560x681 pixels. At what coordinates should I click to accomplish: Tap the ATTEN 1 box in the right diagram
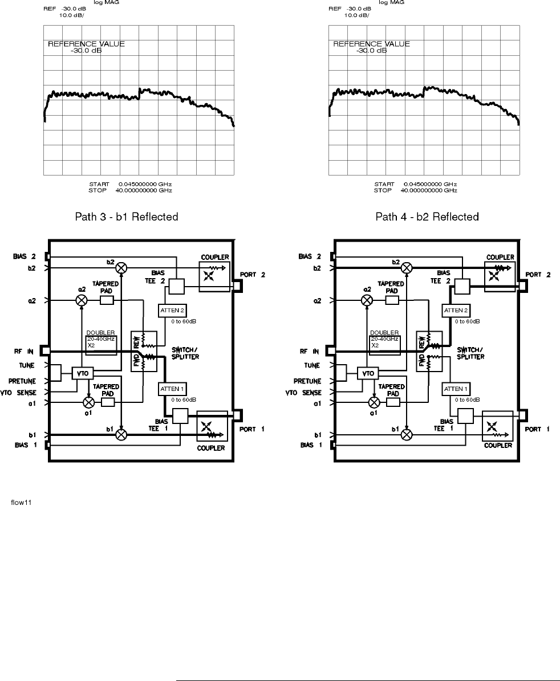pos(455,389)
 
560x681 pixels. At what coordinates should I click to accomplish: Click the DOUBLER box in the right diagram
pos(384,341)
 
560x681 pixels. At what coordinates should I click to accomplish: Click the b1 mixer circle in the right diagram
pos(407,435)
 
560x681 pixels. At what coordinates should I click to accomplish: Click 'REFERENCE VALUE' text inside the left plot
pos(86,43)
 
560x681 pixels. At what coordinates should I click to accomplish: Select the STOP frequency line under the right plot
pos(415,190)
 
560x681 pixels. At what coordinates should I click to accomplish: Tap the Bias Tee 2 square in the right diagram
pos(461,286)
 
